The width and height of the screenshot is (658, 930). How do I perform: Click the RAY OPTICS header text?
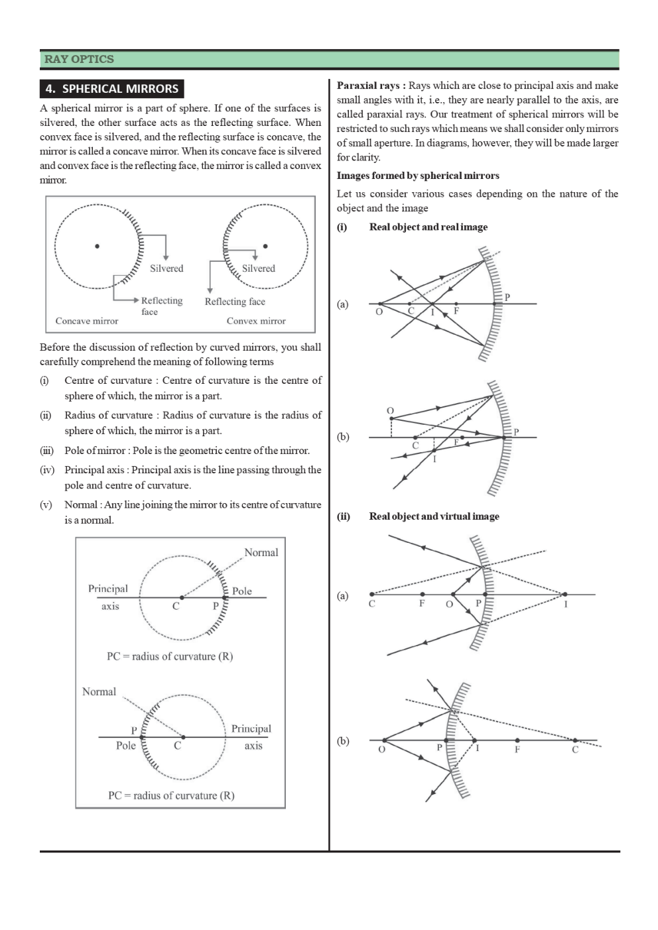(x=79, y=59)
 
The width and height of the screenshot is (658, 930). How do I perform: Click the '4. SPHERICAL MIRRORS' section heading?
(x=111, y=89)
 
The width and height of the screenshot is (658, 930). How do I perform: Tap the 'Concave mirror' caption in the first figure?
(x=87, y=321)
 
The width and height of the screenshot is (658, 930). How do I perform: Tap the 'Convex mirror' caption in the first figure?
(x=256, y=321)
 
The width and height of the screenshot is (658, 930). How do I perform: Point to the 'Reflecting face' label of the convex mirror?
(x=235, y=302)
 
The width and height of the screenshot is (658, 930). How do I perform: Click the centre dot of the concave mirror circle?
(x=98, y=246)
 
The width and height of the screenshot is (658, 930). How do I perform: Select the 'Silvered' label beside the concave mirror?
(x=166, y=268)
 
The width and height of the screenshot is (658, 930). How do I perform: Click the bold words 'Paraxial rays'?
(x=368, y=86)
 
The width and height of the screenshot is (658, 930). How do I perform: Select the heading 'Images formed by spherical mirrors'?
(x=418, y=176)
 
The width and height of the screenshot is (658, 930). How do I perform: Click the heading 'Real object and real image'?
(x=428, y=227)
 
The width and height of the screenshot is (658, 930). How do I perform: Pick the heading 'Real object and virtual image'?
(x=434, y=516)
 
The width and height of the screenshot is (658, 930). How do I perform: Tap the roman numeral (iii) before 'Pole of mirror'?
(x=46, y=451)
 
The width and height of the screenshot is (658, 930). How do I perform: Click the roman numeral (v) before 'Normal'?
(x=46, y=505)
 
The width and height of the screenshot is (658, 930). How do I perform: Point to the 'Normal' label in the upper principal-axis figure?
(x=261, y=553)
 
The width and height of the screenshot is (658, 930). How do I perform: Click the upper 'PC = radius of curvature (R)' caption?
(x=170, y=656)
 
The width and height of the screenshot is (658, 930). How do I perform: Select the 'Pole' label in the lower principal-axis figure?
(x=125, y=746)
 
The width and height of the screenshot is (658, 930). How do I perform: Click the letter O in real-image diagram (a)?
(x=379, y=312)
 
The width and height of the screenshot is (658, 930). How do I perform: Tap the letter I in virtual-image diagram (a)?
(x=566, y=604)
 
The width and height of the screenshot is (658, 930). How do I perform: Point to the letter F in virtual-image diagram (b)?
(x=517, y=750)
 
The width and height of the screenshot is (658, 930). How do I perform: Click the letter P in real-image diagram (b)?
(x=516, y=432)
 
